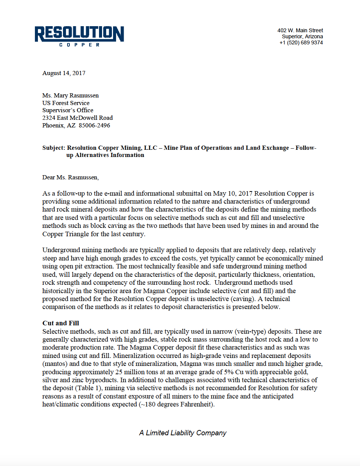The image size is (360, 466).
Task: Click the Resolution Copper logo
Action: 79,36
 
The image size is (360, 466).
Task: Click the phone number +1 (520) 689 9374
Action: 301,43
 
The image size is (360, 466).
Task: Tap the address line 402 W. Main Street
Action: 300,30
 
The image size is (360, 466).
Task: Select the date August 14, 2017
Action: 64,73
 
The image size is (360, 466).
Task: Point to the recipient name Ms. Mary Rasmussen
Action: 71,96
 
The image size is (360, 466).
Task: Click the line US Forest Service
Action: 66,103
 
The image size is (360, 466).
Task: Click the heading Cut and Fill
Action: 61,323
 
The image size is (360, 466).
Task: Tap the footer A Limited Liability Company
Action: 182,433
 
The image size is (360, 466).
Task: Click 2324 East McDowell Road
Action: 77,118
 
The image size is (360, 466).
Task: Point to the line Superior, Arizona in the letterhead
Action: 302,37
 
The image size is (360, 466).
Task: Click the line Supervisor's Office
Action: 68,110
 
